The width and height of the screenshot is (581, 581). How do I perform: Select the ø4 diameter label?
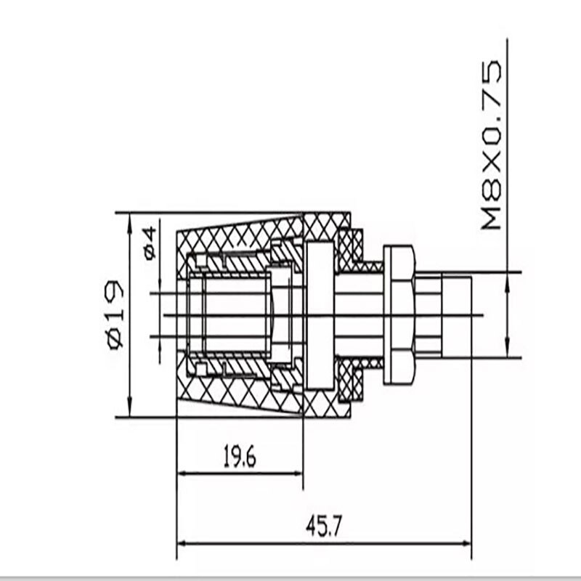149,243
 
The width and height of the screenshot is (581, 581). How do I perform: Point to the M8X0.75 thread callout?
492,146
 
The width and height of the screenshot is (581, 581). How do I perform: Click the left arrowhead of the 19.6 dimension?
182,473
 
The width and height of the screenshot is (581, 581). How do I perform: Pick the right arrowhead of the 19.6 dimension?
298,473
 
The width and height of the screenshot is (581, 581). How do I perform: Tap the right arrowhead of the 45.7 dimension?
467,543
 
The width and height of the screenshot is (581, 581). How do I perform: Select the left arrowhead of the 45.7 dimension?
182,543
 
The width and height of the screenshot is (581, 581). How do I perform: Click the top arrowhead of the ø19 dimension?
129,218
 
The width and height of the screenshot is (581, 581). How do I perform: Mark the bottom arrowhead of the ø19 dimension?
129,413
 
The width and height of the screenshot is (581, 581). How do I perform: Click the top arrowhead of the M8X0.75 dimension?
507,277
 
